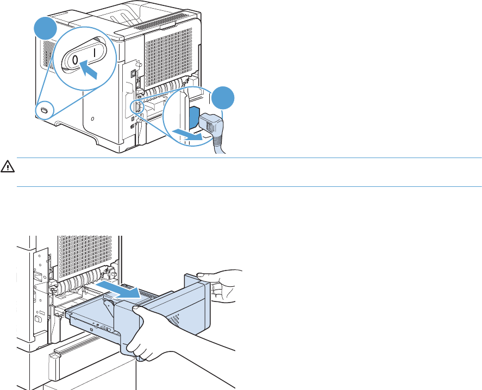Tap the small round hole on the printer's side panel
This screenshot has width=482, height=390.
(x=93, y=118)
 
